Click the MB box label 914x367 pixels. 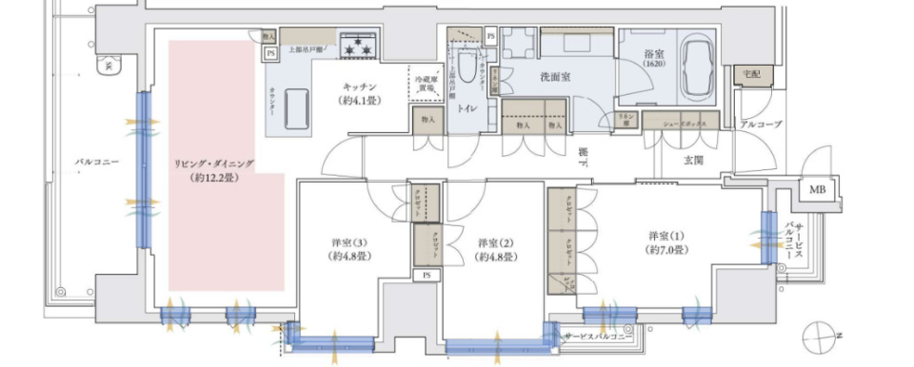(818, 190)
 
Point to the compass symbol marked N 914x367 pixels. (819, 337)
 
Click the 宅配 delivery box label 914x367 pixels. (753, 74)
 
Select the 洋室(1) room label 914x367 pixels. (666, 241)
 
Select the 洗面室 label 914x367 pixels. (554, 76)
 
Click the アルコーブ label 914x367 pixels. (760, 125)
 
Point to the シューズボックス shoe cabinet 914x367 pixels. (679, 122)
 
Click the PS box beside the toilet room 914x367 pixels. (490, 36)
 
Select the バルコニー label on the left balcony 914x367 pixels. (97, 163)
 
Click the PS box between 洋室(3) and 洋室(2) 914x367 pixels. (426, 276)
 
